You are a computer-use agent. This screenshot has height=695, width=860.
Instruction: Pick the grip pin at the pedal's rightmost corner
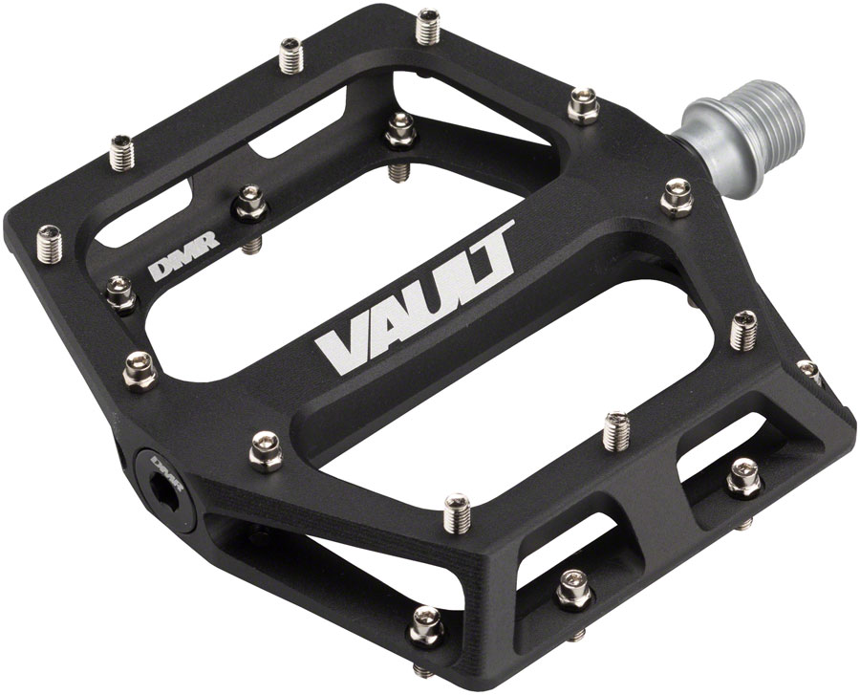click(x=807, y=372)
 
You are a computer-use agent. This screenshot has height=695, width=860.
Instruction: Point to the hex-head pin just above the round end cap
click(x=140, y=369)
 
